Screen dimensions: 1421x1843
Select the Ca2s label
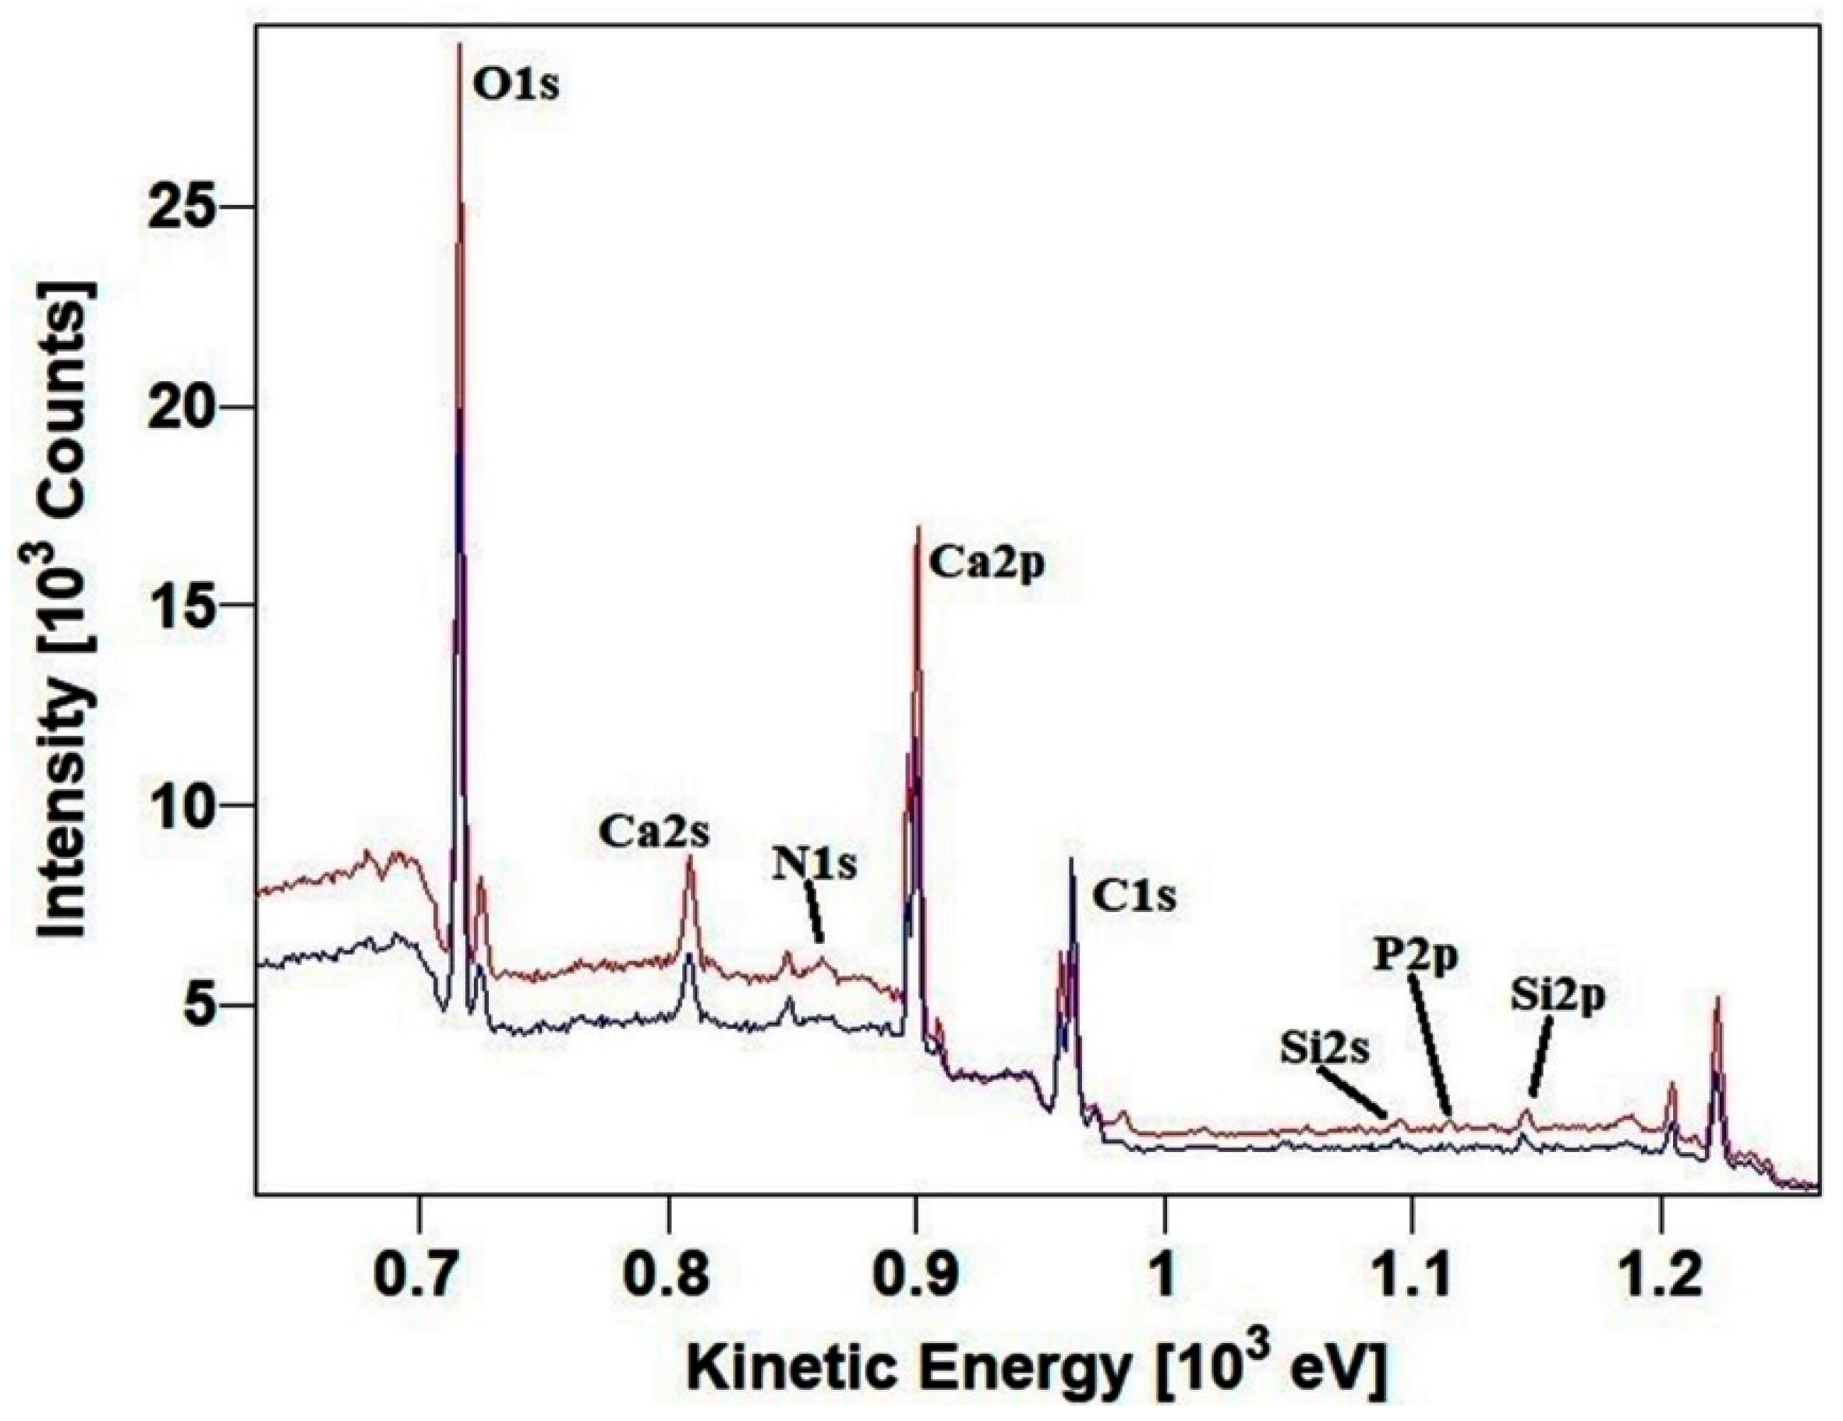(x=655, y=832)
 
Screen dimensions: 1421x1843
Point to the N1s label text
(x=815, y=866)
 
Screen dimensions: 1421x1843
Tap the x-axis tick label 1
(x=1164, y=1278)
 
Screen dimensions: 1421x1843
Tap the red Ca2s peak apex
(x=689, y=857)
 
